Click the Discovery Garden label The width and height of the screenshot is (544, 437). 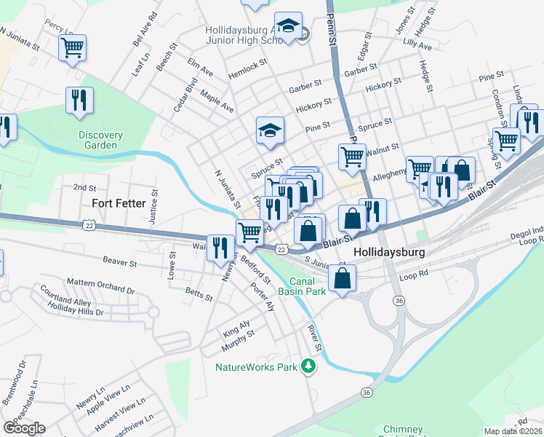(100, 140)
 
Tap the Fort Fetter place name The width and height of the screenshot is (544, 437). (119, 203)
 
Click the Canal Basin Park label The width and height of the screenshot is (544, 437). (317, 286)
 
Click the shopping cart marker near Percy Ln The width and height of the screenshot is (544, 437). (73, 49)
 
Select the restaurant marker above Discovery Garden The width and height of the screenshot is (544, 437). (80, 101)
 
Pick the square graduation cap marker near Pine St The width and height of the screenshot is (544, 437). (270, 131)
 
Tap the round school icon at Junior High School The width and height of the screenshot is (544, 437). (303, 34)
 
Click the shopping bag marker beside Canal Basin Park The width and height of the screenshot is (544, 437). (343, 279)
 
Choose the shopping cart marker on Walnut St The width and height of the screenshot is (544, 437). (352, 156)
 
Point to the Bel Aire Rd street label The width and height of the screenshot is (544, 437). (143, 30)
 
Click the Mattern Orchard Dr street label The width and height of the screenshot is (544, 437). (100, 286)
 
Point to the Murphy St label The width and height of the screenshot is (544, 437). (239, 335)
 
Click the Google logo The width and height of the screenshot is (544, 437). (24, 428)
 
